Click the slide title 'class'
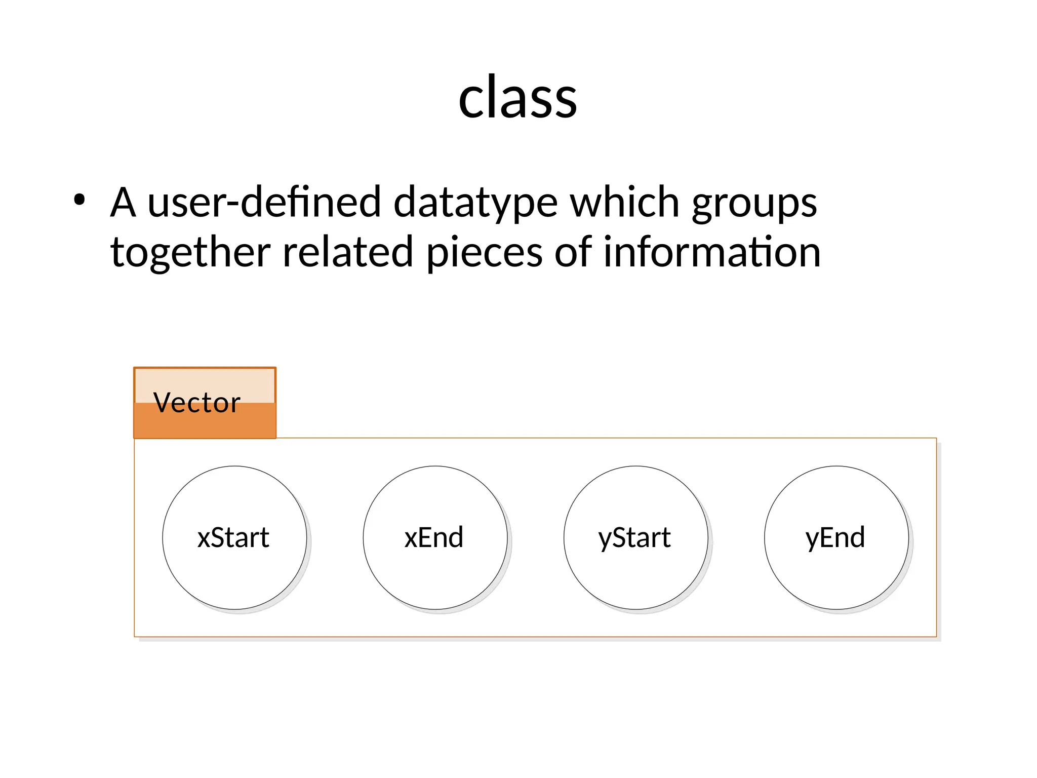tap(517, 97)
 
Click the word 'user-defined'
tap(264, 202)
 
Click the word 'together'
tap(190, 252)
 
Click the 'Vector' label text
tap(196, 403)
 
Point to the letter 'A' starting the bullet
tap(123, 202)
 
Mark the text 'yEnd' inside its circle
tap(835, 538)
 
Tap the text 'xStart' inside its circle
tap(233, 538)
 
